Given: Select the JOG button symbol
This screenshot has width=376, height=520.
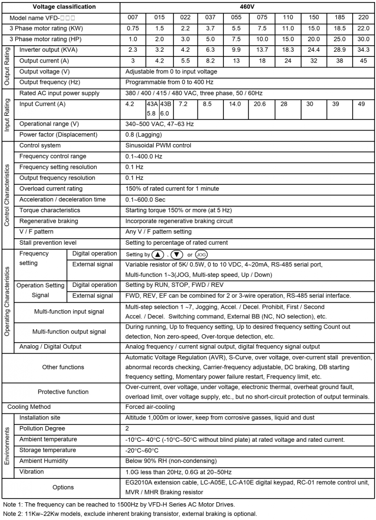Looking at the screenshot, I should click(201, 254).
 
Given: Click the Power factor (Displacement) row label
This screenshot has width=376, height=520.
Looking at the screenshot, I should click(58, 135).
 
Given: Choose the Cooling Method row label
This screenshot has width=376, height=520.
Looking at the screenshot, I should click(29, 407).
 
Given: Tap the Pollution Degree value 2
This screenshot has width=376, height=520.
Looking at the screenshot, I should click(127, 429).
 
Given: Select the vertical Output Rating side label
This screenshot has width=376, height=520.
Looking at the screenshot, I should click(7, 66).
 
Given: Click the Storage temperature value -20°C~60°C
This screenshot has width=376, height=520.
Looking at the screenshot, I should click(142, 450).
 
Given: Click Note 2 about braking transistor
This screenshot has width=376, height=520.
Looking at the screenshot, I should click(130, 513).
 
